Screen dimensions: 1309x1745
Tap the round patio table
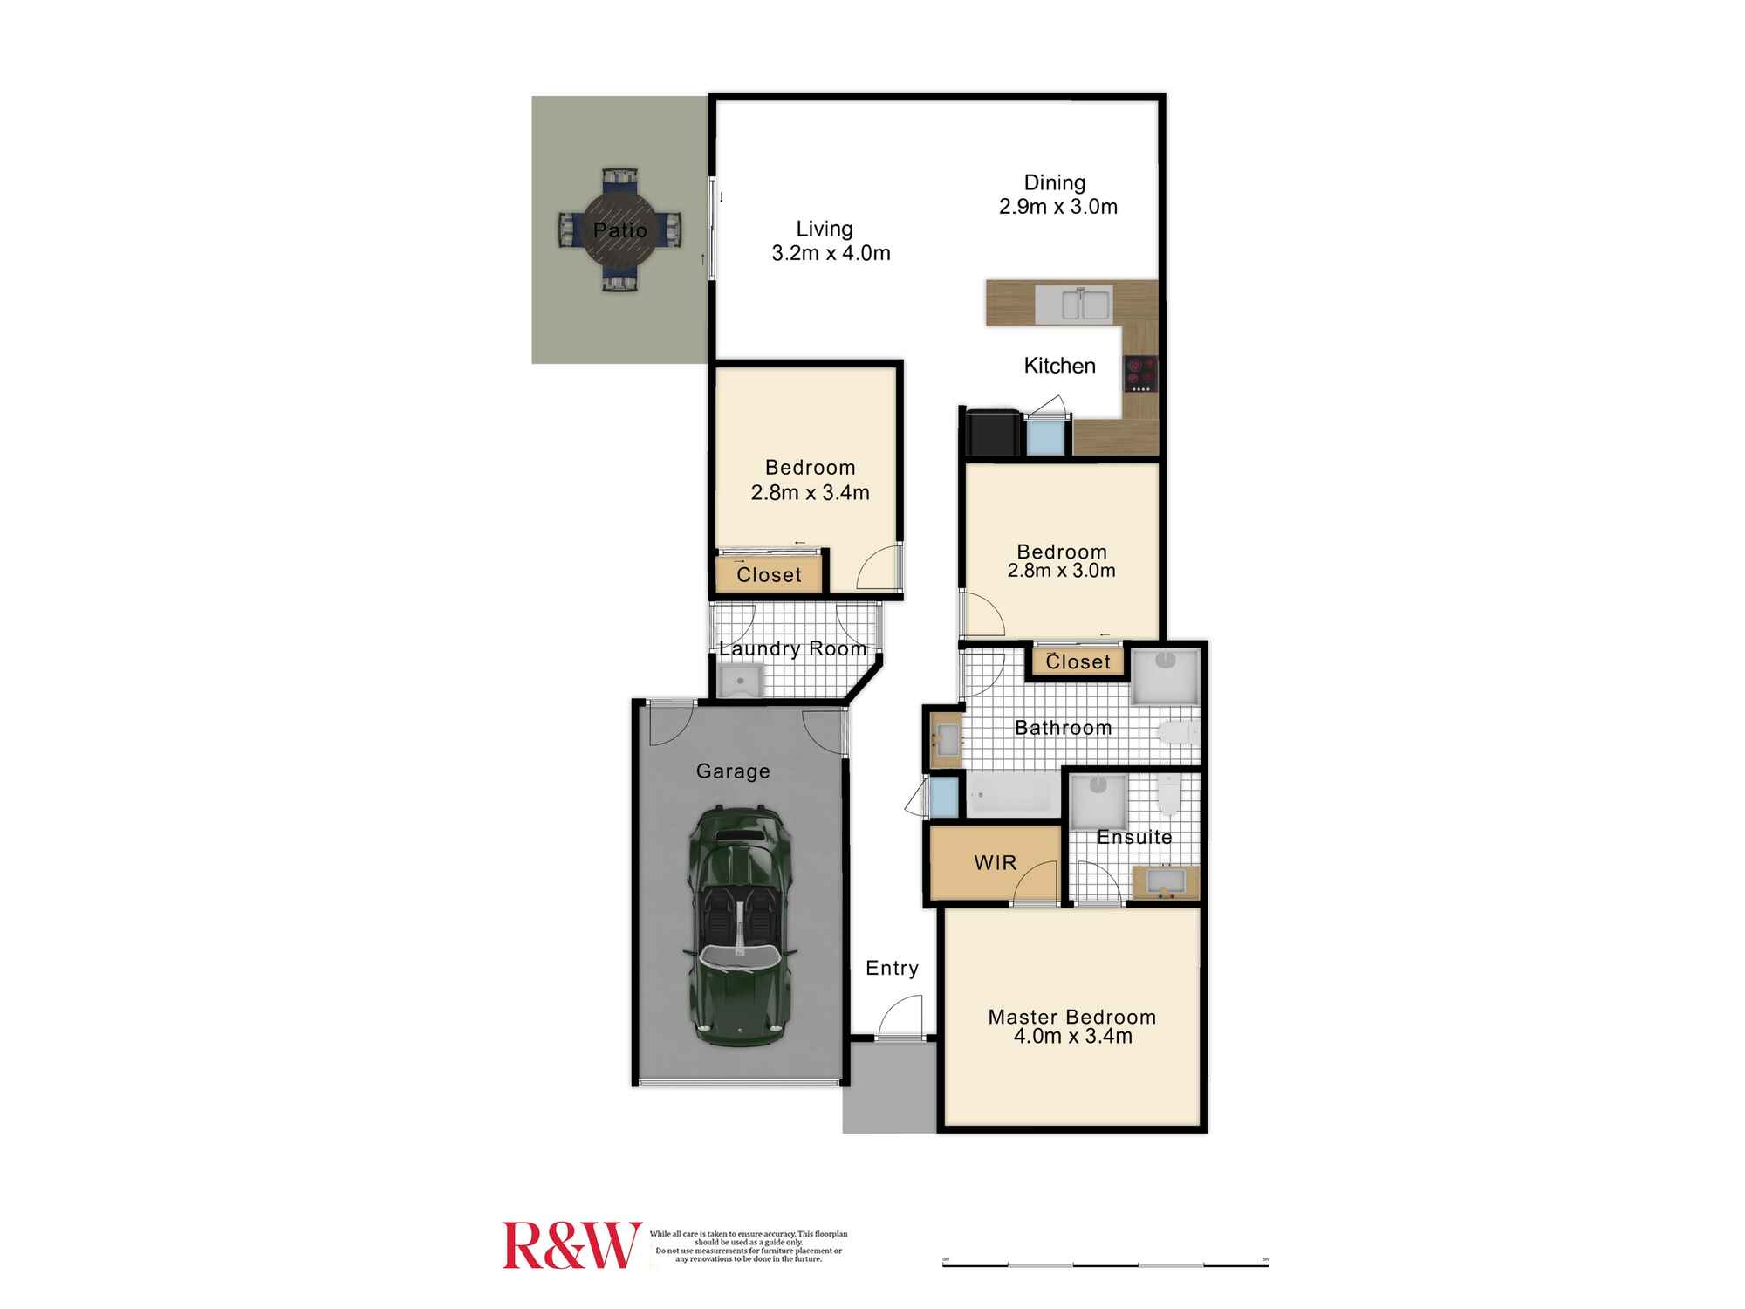[619, 230]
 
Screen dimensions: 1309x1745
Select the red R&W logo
[571, 1245]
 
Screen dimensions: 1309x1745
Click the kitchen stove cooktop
[1140, 374]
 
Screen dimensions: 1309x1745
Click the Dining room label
[1055, 183]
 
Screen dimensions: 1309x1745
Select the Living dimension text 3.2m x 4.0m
[831, 254]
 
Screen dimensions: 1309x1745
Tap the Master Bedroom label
[1071, 1017]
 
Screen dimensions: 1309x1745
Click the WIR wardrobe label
[995, 863]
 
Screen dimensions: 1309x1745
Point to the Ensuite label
[1134, 837]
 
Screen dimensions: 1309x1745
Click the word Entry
[892, 968]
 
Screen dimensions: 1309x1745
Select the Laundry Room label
[792, 648]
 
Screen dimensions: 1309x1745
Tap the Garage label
[733, 771]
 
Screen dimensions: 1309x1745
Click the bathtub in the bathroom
[1012, 796]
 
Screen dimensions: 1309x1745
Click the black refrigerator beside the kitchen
[992, 433]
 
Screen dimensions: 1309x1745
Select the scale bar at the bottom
[1105, 1264]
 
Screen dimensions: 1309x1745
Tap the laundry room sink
[740, 681]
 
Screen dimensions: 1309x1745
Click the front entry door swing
[901, 1019]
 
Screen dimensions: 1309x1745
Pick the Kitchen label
[1059, 366]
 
